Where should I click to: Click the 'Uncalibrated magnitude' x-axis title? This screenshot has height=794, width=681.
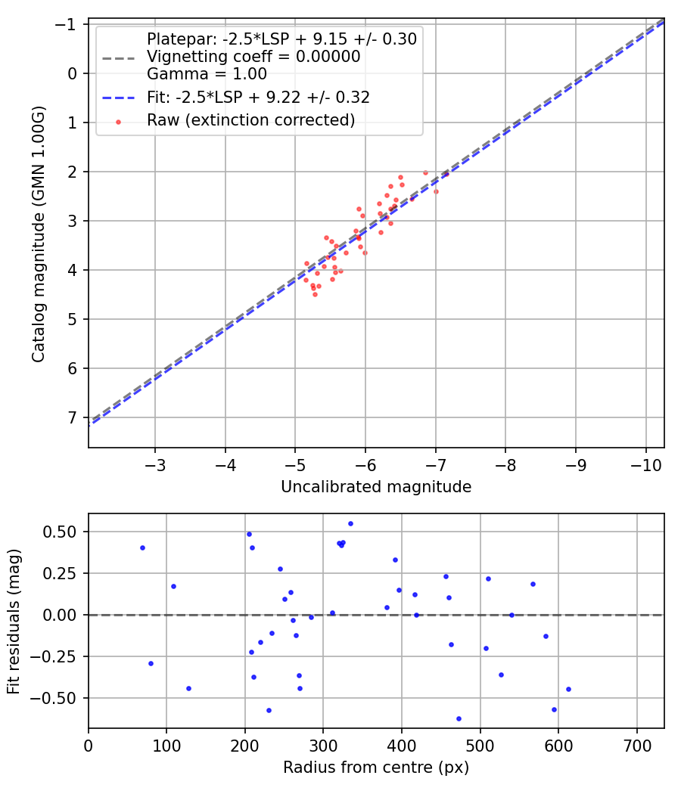(x=376, y=487)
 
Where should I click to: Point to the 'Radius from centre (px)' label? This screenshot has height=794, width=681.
(x=376, y=768)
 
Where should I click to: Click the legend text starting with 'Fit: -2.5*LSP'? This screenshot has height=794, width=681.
(x=258, y=98)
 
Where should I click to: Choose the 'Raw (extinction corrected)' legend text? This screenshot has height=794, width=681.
(x=250, y=120)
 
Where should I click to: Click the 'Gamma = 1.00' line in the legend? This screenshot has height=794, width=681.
(x=207, y=74)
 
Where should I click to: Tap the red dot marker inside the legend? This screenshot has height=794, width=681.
(x=117, y=121)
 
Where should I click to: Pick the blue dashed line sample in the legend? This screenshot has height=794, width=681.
(x=117, y=98)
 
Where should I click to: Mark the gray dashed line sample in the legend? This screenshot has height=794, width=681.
(x=117, y=57)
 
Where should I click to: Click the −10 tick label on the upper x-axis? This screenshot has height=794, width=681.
(x=645, y=463)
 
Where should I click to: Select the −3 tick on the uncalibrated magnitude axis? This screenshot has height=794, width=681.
(x=155, y=463)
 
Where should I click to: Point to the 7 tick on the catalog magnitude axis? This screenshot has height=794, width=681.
(x=73, y=417)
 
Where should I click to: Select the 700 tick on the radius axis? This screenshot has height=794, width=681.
(x=636, y=745)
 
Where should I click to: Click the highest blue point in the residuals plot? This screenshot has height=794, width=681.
(x=350, y=523)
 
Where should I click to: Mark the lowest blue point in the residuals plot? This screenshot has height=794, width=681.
(x=459, y=718)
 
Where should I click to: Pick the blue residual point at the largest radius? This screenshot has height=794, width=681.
(x=568, y=689)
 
